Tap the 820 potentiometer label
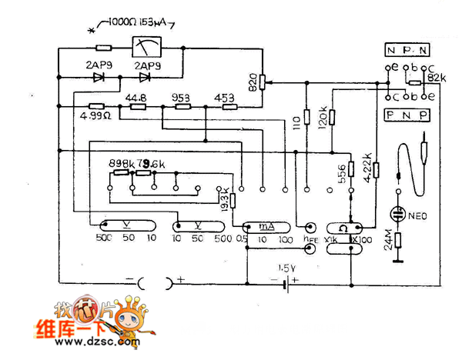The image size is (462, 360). click(253, 82)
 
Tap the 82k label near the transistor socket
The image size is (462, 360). click(436, 78)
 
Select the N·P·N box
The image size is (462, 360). click(407, 51)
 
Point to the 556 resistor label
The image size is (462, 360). click(340, 173)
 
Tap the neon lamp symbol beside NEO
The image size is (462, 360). click(398, 212)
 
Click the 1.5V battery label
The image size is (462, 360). click(287, 268)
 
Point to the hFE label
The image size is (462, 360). click(310, 240)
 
